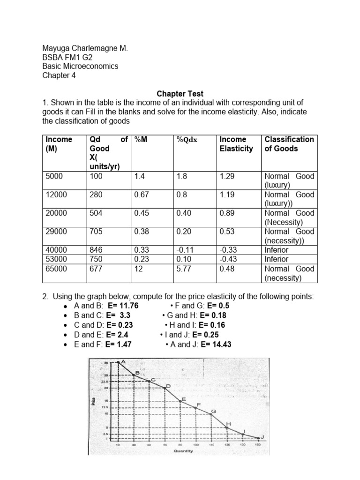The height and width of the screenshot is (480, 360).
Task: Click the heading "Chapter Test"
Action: [x=180, y=94]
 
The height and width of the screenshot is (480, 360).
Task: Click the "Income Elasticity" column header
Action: [x=236, y=144]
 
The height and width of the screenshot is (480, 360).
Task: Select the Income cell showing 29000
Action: [x=56, y=232]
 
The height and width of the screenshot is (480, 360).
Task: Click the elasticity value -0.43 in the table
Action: [x=228, y=259]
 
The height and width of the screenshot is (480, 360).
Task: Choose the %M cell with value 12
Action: [x=138, y=269]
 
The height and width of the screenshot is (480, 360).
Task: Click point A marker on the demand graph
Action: [x=118, y=362]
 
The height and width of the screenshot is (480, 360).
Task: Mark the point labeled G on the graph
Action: [x=211, y=414]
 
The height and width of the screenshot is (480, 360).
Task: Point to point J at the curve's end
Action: [x=258, y=437]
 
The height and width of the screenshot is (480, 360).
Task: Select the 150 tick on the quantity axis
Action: [x=258, y=444]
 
